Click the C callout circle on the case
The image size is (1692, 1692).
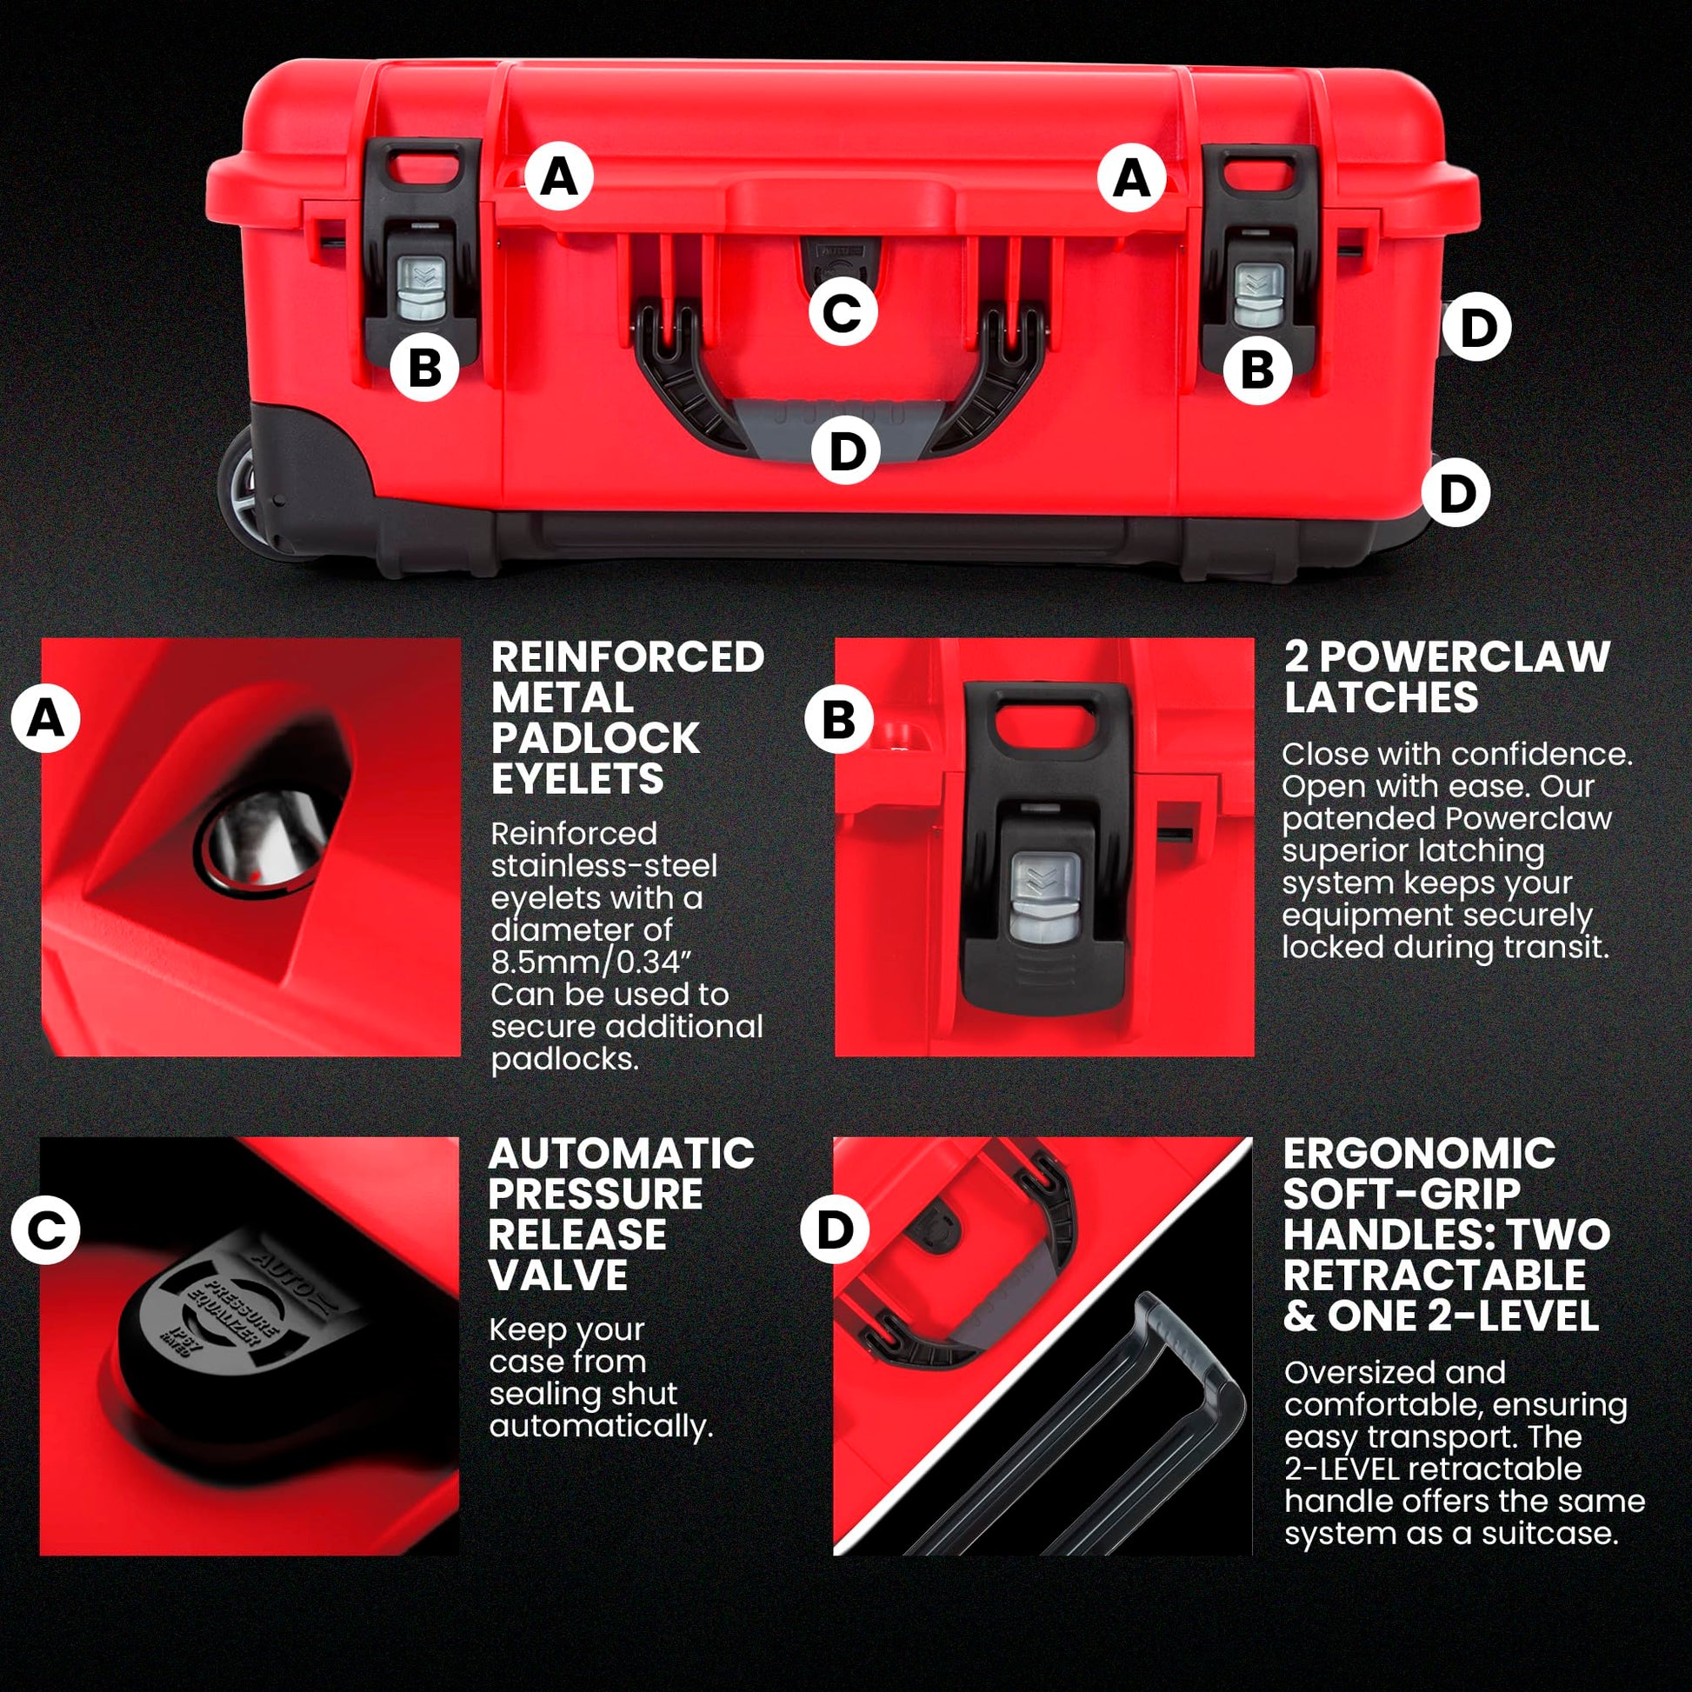tap(843, 313)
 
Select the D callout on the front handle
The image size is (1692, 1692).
tap(846, 452)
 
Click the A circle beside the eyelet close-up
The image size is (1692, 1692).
tap(46, 720)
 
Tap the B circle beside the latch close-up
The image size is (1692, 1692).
tap(839, 720)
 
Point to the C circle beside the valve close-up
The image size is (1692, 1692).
tap(46, 1229)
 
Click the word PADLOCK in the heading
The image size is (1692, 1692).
tap(595, 738)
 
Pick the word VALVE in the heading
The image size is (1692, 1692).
tap(558, 1276)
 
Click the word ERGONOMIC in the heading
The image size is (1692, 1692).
tap(1420, 1154)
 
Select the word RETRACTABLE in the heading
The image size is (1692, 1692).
tap(1435, 1276)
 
